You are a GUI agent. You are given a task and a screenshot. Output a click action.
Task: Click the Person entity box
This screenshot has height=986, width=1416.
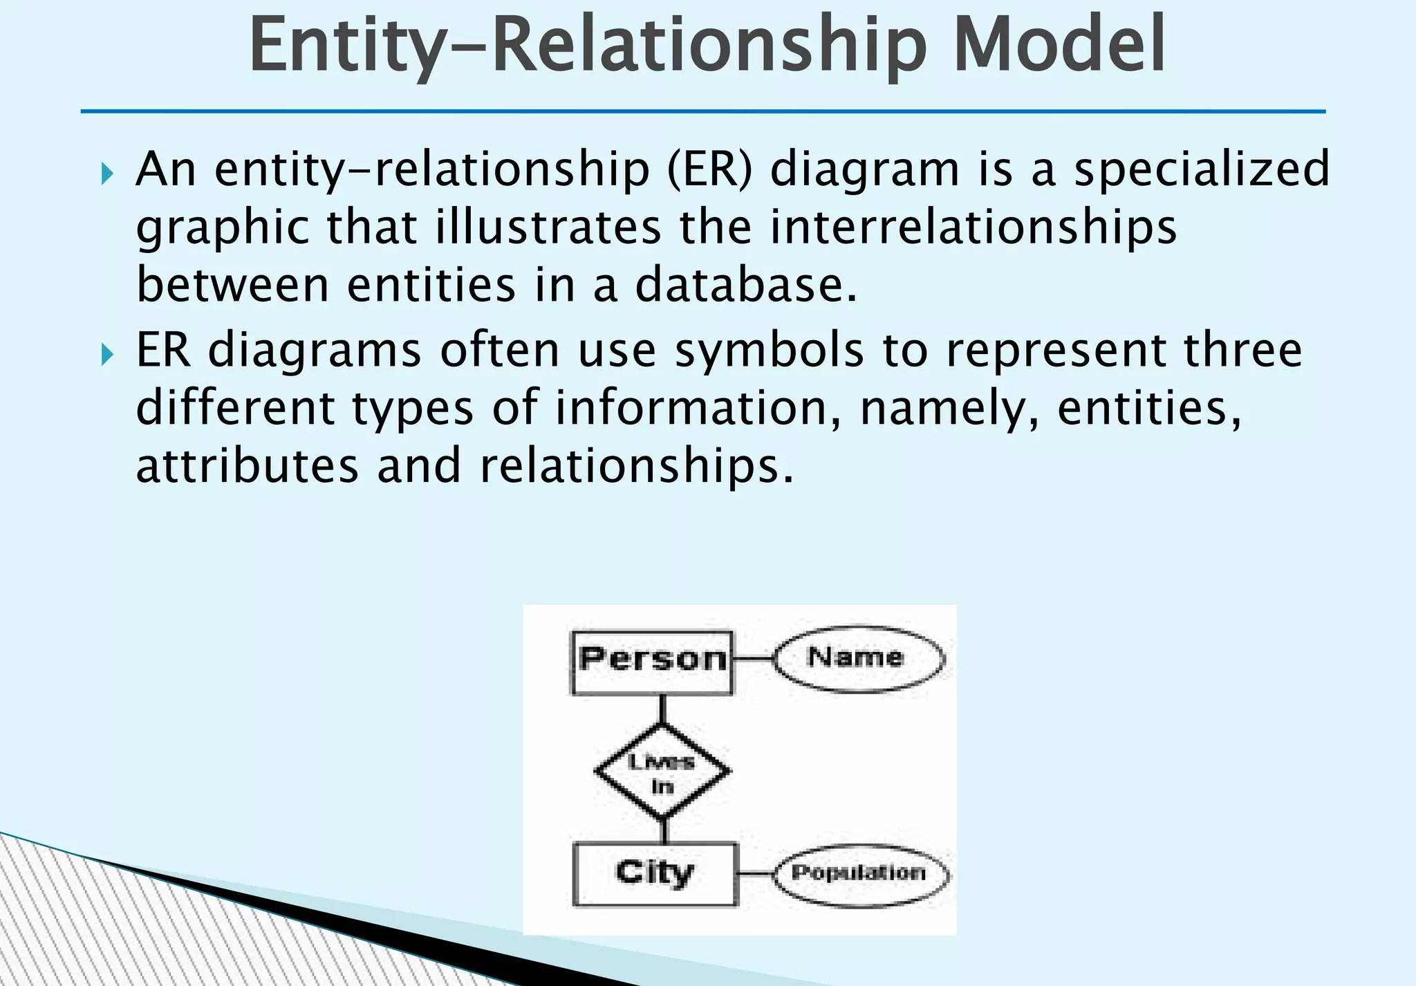[x=651, y=662]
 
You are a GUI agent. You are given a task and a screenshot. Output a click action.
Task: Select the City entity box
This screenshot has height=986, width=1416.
[x=654, y=873]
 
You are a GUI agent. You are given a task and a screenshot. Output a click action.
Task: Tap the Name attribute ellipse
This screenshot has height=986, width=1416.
[x=858, y=658]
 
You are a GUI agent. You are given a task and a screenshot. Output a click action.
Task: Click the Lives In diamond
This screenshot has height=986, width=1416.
[x=662, y=772]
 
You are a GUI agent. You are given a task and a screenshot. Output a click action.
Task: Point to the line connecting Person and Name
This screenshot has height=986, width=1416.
[x=752, y=659]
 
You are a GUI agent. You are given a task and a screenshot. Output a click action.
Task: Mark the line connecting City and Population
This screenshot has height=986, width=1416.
[x=755, y=873]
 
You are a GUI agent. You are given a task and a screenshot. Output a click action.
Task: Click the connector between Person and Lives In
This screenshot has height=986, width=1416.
[x=662, y=710]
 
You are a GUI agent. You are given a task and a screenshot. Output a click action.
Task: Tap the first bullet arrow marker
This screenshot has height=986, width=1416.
[x=106, y=173]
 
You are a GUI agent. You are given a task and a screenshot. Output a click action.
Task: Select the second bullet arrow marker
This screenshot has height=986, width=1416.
[x=106, y=355]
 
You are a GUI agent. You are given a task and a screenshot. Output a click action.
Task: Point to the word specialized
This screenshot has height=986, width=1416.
[x=1201, y=169]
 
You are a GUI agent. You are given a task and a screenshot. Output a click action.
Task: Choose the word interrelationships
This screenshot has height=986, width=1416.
[x=973, y=227]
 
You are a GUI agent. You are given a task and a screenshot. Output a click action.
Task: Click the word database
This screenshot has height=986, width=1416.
[x=745, y=285]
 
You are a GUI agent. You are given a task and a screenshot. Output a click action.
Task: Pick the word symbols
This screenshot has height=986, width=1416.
[x=769, y=350]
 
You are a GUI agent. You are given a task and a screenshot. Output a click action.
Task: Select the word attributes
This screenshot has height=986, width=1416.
[x=248, y=465]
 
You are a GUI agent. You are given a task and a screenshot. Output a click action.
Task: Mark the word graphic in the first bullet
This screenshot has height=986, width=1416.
[x=223, y=228]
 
